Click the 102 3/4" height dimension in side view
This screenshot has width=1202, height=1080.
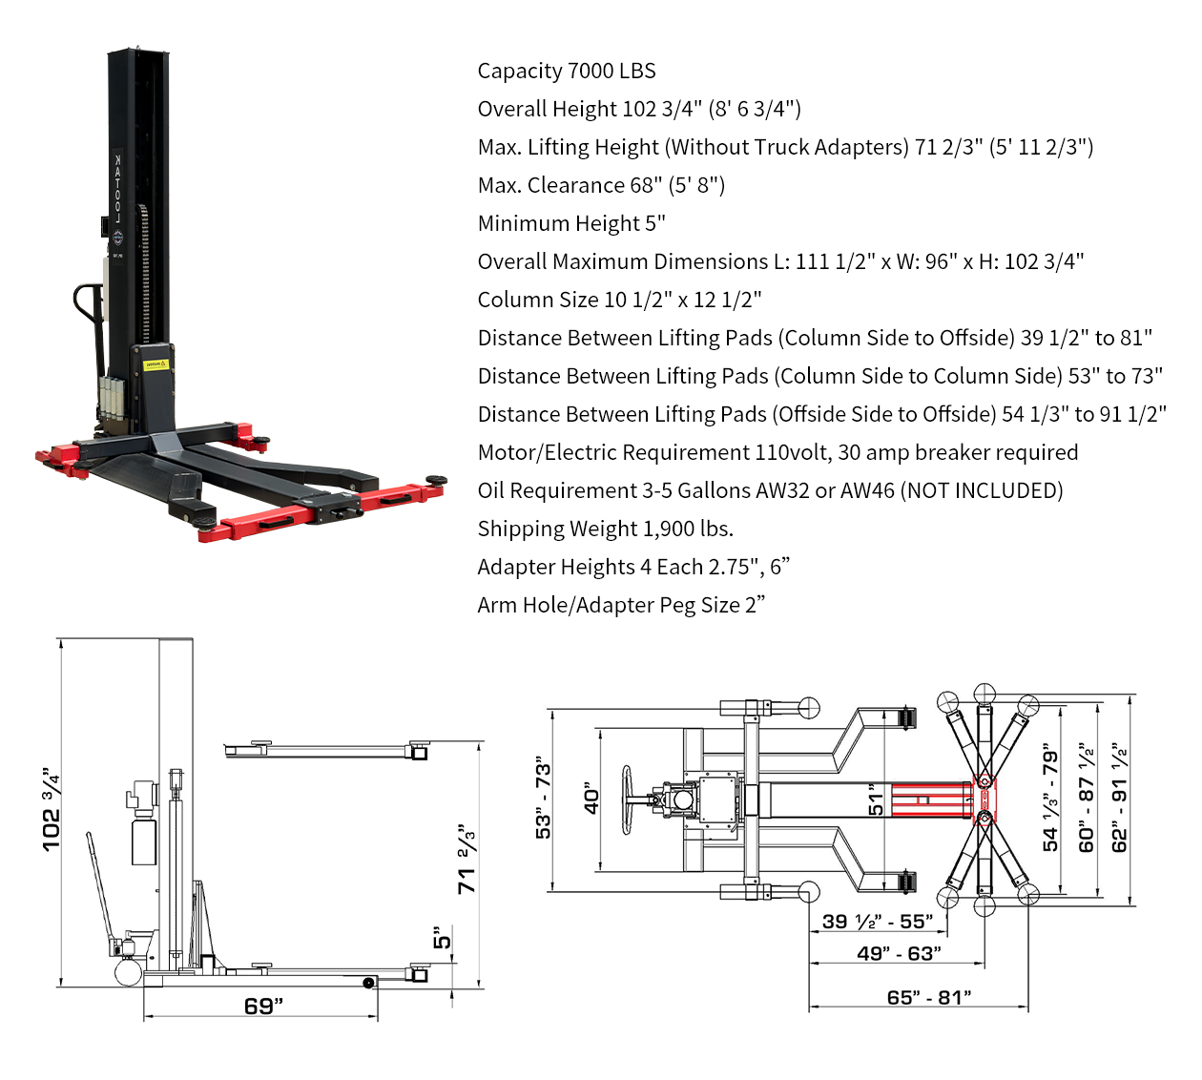click(52, 809)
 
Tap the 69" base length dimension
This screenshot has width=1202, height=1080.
click(263, 1006)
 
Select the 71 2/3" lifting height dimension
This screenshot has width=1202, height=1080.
click(466, 859)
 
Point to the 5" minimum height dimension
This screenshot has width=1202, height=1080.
click(442, 938)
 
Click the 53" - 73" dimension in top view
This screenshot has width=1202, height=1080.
click(543, 798)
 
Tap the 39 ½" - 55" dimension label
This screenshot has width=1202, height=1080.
click(878, 922)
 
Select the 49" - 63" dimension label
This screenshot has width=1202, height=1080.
click(899, 953)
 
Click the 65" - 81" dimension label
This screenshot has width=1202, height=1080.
click(928, 997)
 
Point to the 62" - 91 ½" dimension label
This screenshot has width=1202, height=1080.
click(1120, 798)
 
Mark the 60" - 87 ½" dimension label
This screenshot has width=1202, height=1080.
click(1087, 798)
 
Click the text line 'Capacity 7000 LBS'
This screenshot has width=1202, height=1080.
click(567, 71)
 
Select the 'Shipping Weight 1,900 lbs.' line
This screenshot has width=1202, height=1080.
click(605, 529)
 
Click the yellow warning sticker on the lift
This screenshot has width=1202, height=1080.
click(155, 364)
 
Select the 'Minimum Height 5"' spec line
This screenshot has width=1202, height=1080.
click(571, 223)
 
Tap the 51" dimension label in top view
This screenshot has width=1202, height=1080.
click(874, 800)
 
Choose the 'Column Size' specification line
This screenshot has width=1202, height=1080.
click(619, 300)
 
